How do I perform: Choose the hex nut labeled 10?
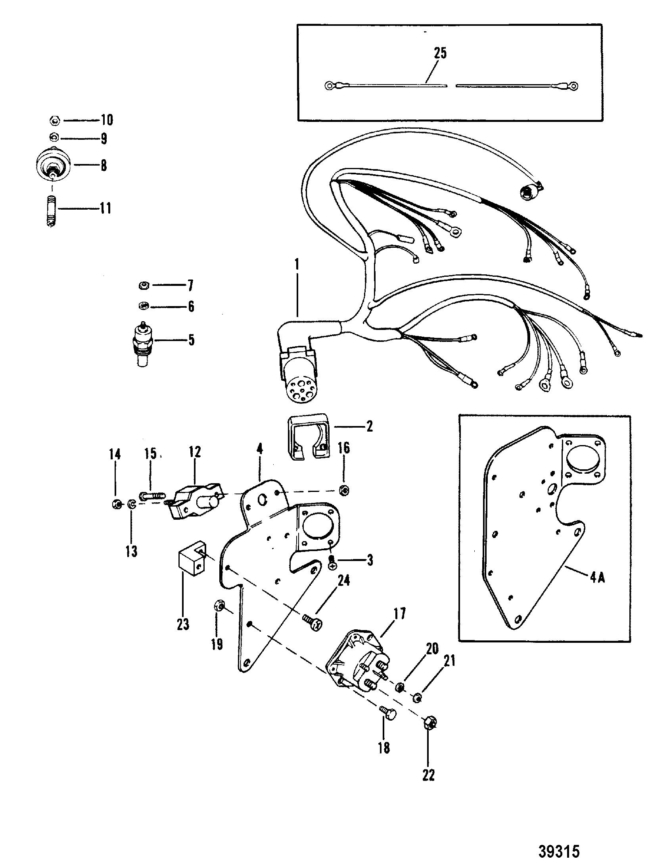tap(55, 120)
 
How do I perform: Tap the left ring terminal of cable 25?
tap(329, 85)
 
